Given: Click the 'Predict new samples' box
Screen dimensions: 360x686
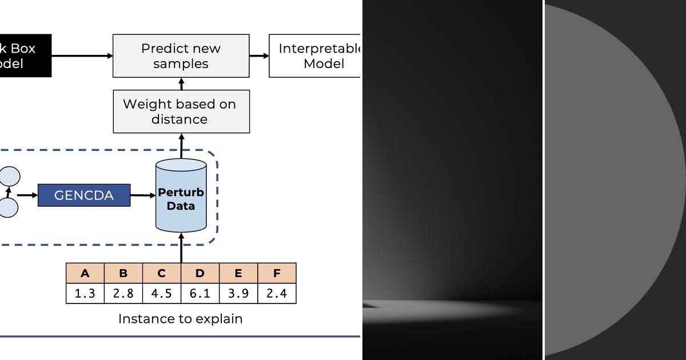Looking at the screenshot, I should pos(181,55).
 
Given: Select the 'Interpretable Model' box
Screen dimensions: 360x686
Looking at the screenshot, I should pos(316,55).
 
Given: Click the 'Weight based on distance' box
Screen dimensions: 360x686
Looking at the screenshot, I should pos(181,111).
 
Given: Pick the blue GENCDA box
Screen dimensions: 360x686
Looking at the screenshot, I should pos(84,195).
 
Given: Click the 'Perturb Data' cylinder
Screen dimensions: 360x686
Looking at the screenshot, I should pos(181,197).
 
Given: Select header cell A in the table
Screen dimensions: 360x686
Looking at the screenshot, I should pos(85,273).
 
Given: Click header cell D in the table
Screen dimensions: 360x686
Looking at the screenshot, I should pos(200,273).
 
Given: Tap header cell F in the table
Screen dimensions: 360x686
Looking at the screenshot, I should pos(277,273).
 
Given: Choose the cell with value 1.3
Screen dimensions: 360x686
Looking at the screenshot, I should pos(85,293).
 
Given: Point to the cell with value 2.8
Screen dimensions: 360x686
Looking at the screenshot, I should pos(123,293).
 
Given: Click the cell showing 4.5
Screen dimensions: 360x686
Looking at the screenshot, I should pos(162,293).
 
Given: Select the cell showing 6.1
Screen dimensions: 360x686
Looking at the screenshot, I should pos(200,293).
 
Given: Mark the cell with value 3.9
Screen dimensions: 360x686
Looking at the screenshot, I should pos(238,293).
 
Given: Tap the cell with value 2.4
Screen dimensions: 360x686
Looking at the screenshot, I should pos(277,293).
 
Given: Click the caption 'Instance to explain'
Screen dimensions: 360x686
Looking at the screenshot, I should pos(180,319).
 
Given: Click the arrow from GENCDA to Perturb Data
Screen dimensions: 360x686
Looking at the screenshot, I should pos(143,195).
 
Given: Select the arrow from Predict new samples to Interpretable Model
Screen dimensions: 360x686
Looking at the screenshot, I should pos(259,55).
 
